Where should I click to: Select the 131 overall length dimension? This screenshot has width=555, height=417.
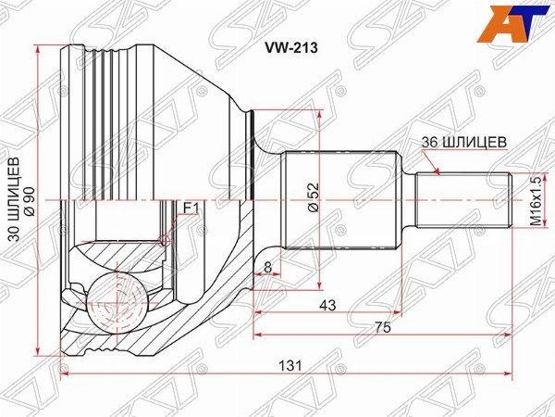(290, 366)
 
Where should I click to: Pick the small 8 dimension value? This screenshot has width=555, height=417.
(267, 267)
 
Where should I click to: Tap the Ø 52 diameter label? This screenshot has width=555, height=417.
(314, 197)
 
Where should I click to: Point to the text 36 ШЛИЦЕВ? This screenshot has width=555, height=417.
(464, 142)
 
